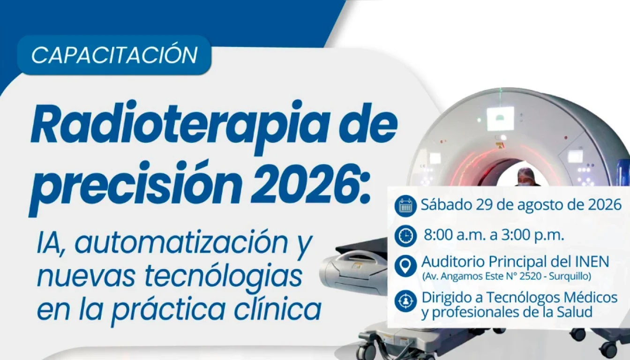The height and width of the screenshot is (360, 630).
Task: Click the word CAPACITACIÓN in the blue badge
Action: click(114, 55)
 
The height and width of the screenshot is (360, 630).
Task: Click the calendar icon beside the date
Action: click(405, 206)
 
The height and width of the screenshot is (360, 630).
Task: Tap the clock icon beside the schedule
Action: click(405, 236)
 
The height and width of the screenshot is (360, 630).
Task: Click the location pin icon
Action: click(405, 265)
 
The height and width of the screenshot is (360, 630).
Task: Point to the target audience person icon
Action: click(405, 301)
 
